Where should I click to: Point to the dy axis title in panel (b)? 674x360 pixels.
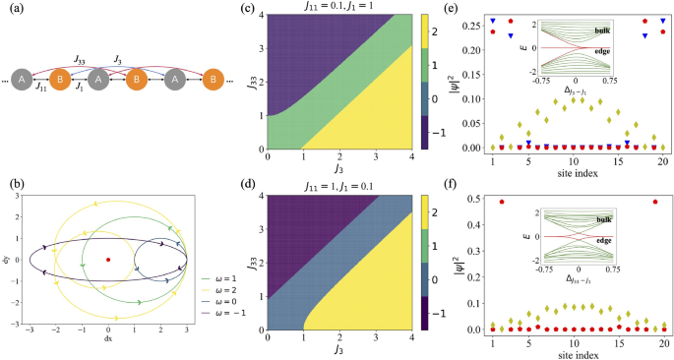pos(7,259)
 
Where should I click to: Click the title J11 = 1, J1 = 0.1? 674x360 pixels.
pos(346,183)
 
